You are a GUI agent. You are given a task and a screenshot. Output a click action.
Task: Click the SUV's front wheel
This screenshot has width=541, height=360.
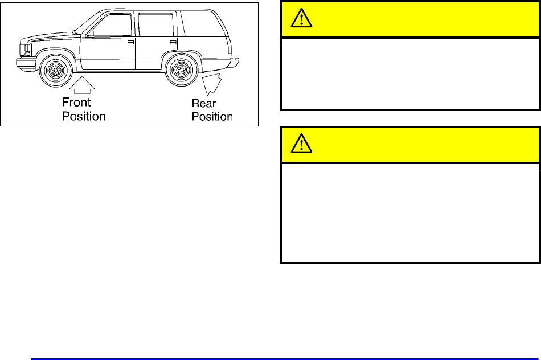[x=55, y=70]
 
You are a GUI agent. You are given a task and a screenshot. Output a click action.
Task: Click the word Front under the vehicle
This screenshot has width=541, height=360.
[x=76, y=103]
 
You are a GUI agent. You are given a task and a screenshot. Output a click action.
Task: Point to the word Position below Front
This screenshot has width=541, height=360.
[x=84, y=116]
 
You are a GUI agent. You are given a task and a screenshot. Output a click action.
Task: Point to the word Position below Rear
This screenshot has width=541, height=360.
[x=212, y=117]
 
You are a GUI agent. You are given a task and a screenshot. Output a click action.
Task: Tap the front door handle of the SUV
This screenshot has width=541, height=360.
[x=130, y=43]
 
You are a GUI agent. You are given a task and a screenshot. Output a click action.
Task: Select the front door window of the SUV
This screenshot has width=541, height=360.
[x=112, y=26]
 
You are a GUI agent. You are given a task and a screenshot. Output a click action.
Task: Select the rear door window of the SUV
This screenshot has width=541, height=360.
[x=155, y=25]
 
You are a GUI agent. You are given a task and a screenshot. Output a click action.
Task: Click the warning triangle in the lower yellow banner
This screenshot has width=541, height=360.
[x=298, y=145]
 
